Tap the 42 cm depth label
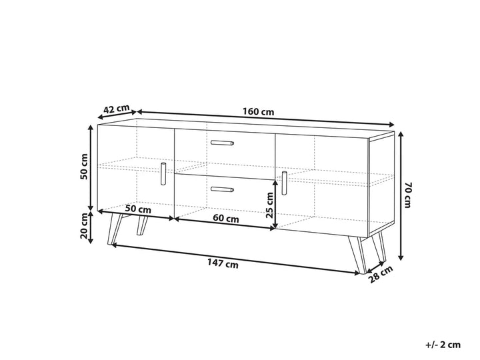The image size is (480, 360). [x=117, y=109]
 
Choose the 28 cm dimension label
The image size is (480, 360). [x=382, y=274]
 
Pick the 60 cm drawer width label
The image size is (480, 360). [x=227, y=218]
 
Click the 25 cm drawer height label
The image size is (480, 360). [x=270, y=204]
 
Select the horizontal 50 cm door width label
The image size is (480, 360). [x=138, y=209]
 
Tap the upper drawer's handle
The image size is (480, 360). [x=221, y=143]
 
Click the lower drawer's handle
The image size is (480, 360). [x=221, y=190]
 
